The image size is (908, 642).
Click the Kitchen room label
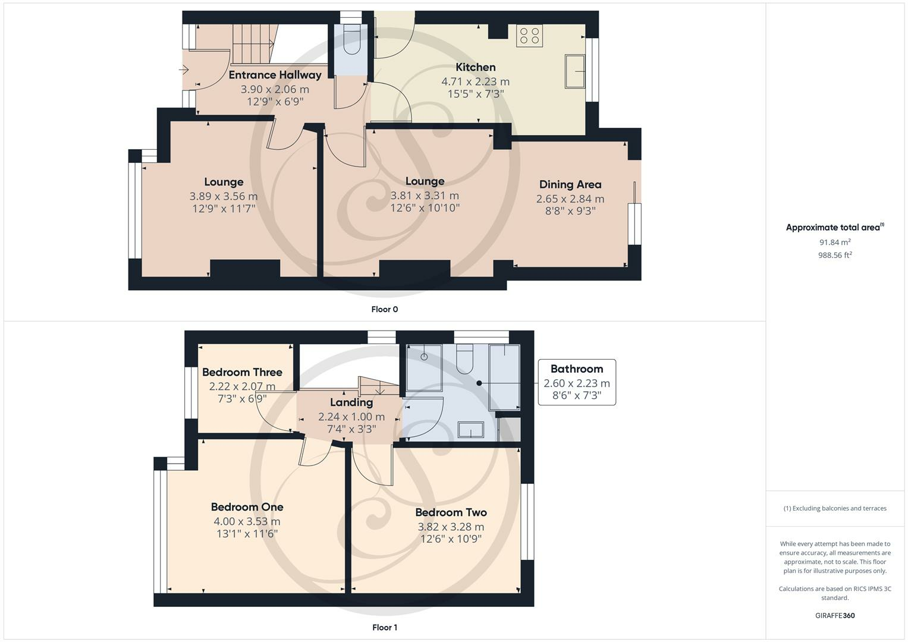pyautogui.click(x=476, y=67)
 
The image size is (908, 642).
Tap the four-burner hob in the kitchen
pyautogui.click(x=529, y=36)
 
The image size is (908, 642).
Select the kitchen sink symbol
pyautogui.click(x=575, y=71)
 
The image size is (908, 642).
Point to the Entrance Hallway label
pyautogui.click(x=275, y=75)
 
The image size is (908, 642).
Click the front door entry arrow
pyautogui.click(x=184, y=70)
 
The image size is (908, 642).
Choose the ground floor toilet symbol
pyautogui.click(x=351, y=40)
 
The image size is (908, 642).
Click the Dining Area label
pyautogui.click(x=570, y=185)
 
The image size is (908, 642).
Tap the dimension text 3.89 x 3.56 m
pyautogui.click(x=224, y=197)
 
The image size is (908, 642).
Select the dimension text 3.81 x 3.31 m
pyautogui.click(x=425, y=196)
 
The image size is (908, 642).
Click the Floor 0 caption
pyautogui.click(x=385, y=309)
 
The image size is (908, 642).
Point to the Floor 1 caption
pyautogui.click(x=385, y=627)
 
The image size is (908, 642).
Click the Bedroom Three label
pyautogui.click(x=243, y=372)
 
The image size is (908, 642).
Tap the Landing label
pyautogui.click(x=351, y=402)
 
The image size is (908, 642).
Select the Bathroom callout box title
pyautogui.click(x=577, y=369)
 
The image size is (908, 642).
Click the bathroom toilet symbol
pyautogui.click(x=464, y=358)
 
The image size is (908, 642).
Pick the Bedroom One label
pyautogui.click(x=247, y=507)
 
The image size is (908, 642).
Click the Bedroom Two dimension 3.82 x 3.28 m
pyautogui.click(x=451, y=527)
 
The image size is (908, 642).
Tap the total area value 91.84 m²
pyautogui.click(x=835, y=242)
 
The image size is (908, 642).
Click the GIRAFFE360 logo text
pyautogui.click(x=835, y=616)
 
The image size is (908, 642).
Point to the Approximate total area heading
pyautogui.click(x=835, y=227)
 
